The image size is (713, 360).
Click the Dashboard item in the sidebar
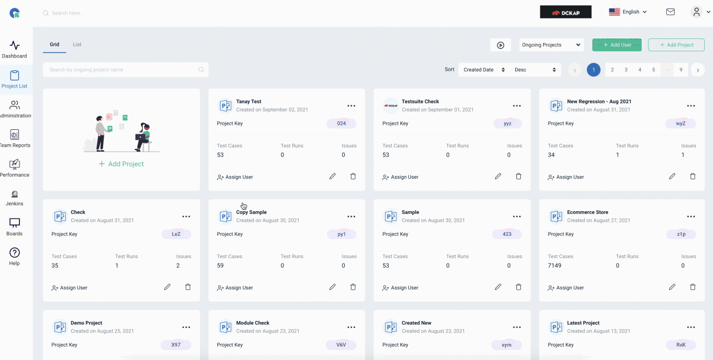coord(14,50)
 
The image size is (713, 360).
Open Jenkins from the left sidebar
coord(14,198)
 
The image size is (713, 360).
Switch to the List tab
coord(77,44)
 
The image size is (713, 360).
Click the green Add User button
coord(617,45)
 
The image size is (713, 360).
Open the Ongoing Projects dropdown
coord(551,45)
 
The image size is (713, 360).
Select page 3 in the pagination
coord(626,70)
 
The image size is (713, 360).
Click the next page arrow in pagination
coord(698,70)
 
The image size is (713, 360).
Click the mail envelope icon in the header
coord(670,12)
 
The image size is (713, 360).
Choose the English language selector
coord(628,12)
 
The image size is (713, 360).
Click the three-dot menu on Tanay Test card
coord(351,106)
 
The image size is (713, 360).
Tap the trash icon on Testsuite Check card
coord(519,176)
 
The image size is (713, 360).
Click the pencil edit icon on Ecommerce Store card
coord(672,287)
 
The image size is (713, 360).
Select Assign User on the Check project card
coord(70,288)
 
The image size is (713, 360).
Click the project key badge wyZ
coord(681,123)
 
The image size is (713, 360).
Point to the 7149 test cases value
coord(554,265)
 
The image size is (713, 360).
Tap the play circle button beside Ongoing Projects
coord(501,45)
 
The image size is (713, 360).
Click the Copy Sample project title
coord(251,212)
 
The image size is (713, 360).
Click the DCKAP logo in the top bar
coord(565,12)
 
